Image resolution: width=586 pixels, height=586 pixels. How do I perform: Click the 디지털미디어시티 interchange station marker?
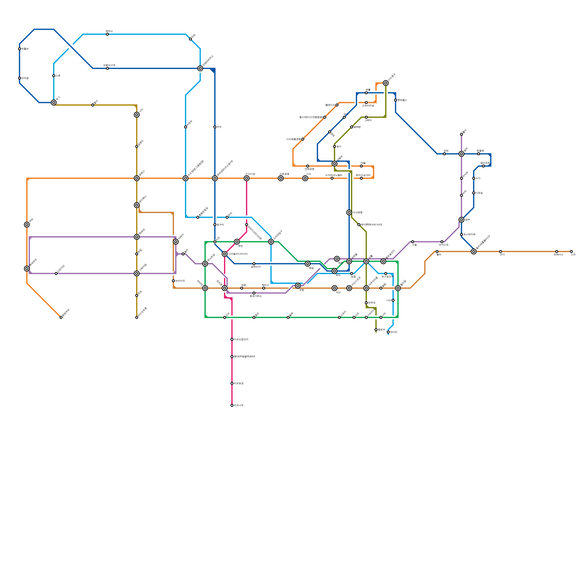click(225, 254)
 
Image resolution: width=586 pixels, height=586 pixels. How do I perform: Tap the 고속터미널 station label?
click(368, 106)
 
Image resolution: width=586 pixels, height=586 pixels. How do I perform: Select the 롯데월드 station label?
click(402, 100)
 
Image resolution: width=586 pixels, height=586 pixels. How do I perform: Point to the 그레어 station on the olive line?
click(366, 117)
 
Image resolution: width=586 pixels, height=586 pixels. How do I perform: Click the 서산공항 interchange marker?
click(349, 212)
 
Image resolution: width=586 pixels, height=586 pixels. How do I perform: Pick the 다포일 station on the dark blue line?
click(474, 193)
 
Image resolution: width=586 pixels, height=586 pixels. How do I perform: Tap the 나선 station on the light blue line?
click(393, 300)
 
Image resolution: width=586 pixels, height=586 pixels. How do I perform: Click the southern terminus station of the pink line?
click(232, 405)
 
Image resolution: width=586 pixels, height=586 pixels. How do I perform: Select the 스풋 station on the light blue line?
click(54, 76)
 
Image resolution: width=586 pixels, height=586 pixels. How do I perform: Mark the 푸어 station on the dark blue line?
click(215, 127)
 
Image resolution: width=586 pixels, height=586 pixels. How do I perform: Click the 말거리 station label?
click(220, 225)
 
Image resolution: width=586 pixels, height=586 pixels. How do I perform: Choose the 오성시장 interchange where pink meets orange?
click(246, 178)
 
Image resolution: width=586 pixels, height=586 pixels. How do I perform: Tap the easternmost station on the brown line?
click(571, 252)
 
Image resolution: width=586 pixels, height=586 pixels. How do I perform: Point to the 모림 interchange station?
click(298, 286)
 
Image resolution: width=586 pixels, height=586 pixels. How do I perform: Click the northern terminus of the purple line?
click(461, 134)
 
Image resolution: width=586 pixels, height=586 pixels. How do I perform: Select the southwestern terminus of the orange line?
click(61, 318)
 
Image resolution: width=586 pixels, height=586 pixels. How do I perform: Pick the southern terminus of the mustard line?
click(137, 318)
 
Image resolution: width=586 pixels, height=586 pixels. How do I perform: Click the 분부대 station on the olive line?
click(366, 303)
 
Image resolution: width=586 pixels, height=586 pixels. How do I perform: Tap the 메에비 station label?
click(394, 332)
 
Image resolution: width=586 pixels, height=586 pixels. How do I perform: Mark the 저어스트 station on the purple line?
click(442, 242)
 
